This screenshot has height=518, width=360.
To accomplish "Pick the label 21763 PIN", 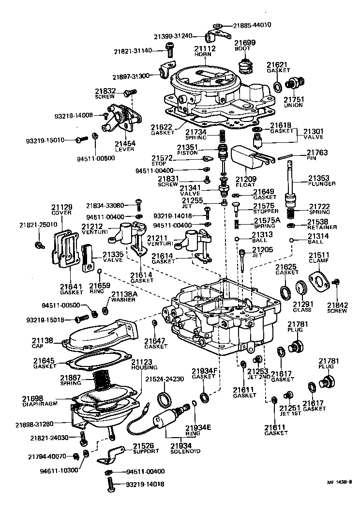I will [x=317, y=156].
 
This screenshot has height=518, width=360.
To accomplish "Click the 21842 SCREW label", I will [x=337, y=307].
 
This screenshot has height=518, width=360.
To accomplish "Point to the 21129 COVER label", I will [x=61, y=209].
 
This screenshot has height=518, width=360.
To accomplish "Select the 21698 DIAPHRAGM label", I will [x=39, y=401].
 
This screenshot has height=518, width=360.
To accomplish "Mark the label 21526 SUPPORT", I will [x=146, y=448].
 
